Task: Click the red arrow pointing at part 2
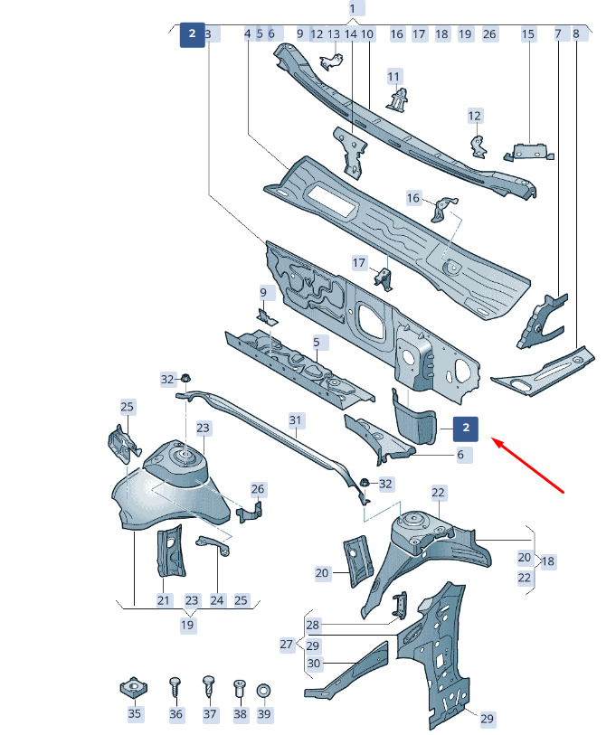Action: tap(527, 465)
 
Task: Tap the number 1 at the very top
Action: tap(353, 9)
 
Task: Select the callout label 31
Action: tap(295, 420)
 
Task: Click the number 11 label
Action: tap(393, 77)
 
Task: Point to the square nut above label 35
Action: tap(134, 688)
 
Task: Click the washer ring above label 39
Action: tap(263, 690)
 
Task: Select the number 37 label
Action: tap(210, 714)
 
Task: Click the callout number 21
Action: tap(163, 600)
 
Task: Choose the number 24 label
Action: tap(217, 600)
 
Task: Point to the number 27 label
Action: tap(286, 645)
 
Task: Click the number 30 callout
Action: tap(313, 664)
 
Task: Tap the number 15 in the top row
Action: tap(527, 33)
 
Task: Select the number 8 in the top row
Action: tap(576, 33)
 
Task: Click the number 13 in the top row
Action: tap(334, 34)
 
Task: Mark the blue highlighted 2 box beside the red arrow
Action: tap(466, 429)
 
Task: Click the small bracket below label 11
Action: tap(397, 99)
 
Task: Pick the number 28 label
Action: tap(312, 625)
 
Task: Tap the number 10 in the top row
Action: tap(367, 34)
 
